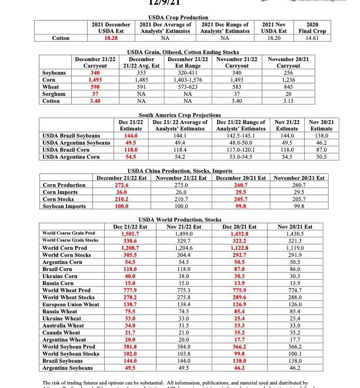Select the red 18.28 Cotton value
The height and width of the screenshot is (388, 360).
point(111,38)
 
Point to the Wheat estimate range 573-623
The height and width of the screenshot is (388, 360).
point(188,86)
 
